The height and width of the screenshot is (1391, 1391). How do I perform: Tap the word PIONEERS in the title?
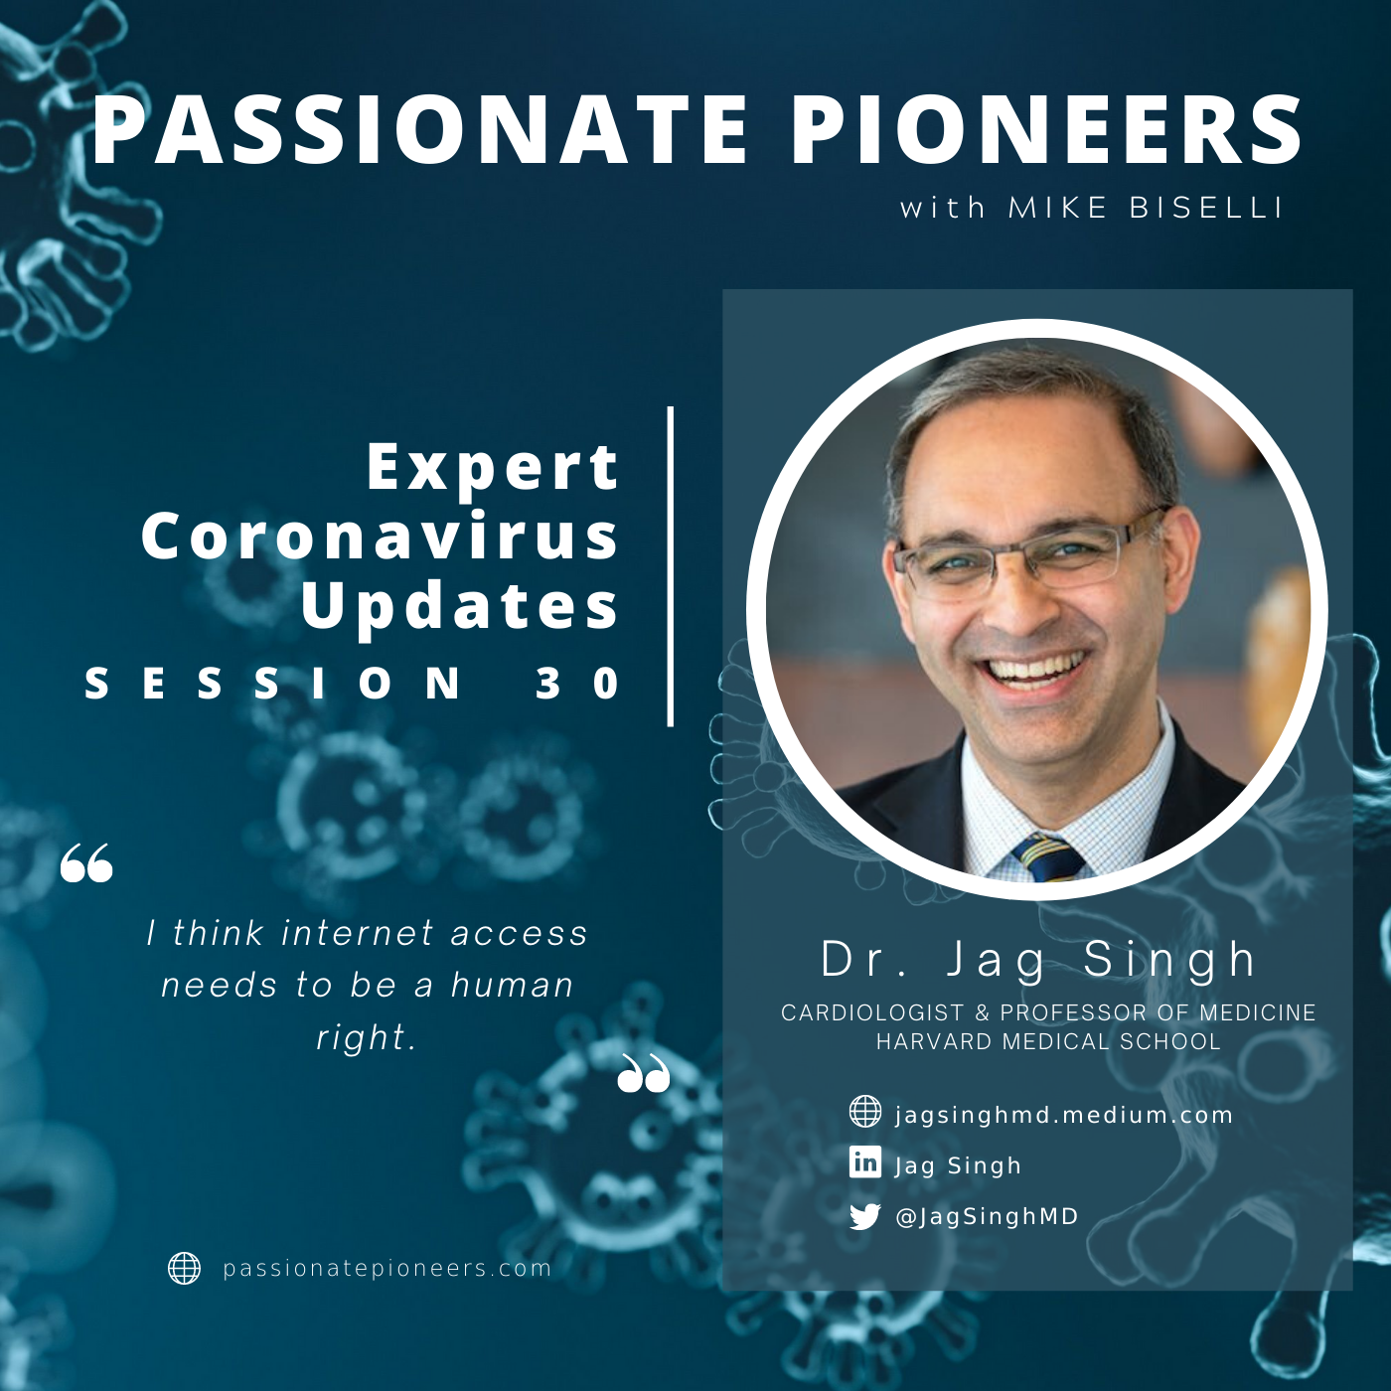coord(1048,130)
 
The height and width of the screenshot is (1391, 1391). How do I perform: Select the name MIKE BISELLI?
coord(1146,208)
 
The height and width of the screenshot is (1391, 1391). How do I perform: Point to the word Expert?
coord(493,468)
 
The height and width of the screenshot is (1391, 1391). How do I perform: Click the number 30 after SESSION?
coord(577,683)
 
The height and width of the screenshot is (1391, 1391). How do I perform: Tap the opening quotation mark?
coord(86,862)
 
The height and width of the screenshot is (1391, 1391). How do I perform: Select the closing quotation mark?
coord(644,1072)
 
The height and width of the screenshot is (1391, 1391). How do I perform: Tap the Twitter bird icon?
coord(865,1216)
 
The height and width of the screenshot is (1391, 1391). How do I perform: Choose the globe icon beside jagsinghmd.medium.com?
coord(865,1112)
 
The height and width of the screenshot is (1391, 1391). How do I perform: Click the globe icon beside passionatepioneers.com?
coord(184,1268)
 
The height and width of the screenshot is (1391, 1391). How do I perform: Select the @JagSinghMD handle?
coord(987,1216)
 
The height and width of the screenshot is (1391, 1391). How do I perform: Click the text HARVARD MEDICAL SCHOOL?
coord(1048,1041)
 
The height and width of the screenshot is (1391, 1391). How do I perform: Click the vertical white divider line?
coord(671,566)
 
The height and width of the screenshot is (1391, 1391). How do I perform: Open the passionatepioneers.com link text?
coord(387,1269)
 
